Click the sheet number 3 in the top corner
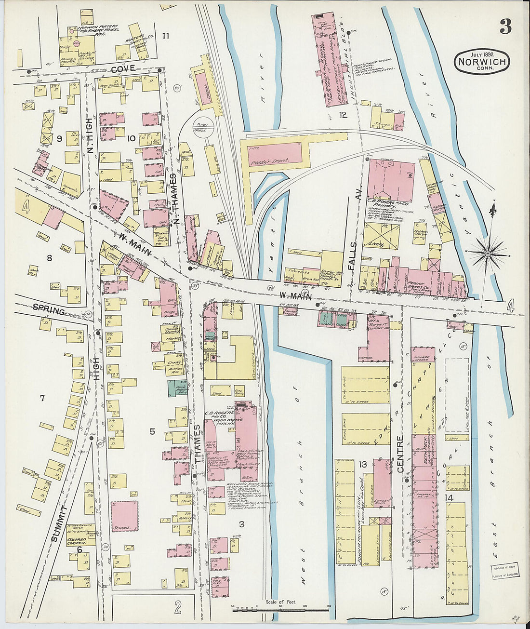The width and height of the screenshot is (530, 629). pos(505,27)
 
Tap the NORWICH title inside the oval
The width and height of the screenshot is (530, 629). pos(481,62)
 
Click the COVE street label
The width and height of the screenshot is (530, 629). pos(123,69)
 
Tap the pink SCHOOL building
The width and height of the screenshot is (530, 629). pos(124,516)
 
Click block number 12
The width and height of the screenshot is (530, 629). pos(343,115)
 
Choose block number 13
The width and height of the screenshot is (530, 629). pos(363,465)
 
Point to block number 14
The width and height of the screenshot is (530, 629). pos(449,497)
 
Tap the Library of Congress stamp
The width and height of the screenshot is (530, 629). pos(504,571)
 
